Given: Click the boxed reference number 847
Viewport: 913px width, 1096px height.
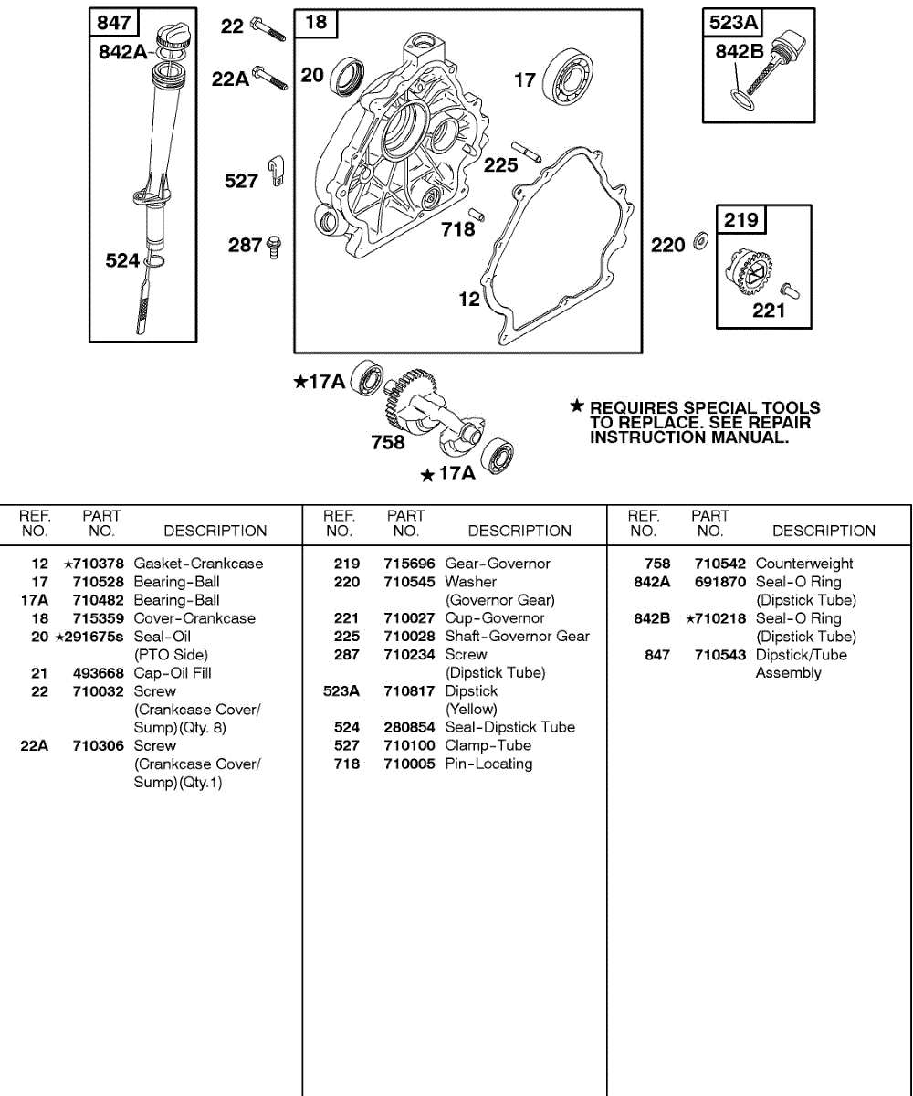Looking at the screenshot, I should [x=113, y=23].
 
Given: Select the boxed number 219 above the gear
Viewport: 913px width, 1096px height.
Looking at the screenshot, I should [x=740, y=220].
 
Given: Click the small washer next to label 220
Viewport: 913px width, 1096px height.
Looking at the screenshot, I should [x=700, y=242].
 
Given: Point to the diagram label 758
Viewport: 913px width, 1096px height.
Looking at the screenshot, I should [x=388, y=442].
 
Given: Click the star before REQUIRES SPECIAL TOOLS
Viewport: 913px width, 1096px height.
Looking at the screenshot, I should [x=576, y=406].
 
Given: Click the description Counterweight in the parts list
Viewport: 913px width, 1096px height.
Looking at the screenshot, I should [x=804, y=564].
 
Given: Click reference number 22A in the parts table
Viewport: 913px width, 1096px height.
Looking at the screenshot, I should [x=35, y=746].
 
